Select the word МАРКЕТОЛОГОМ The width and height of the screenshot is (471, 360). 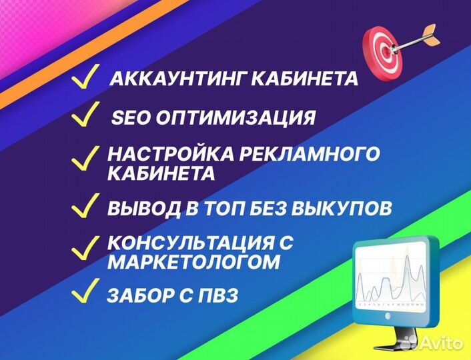(x=193, y=263)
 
